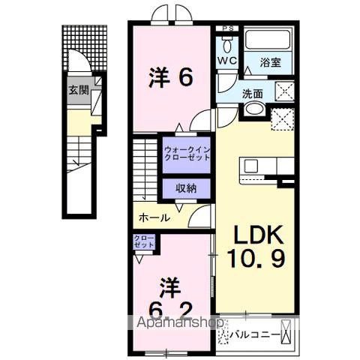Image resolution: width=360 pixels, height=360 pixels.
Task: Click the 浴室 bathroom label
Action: pyautogui.click(x=270, y=63)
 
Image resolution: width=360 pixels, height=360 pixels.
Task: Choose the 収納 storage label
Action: pyautogui.click(x=187, y=189)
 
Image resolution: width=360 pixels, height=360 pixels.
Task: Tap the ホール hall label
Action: pyautogui.click(x=154, y=218)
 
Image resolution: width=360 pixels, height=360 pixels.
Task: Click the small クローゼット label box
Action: pyautogui.click(x=144, y=241)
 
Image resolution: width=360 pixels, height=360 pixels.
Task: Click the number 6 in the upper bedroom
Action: pyautogui.click(x=184, y=76)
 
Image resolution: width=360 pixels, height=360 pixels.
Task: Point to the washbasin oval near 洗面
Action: pyautogui.click(x=253, y=110)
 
